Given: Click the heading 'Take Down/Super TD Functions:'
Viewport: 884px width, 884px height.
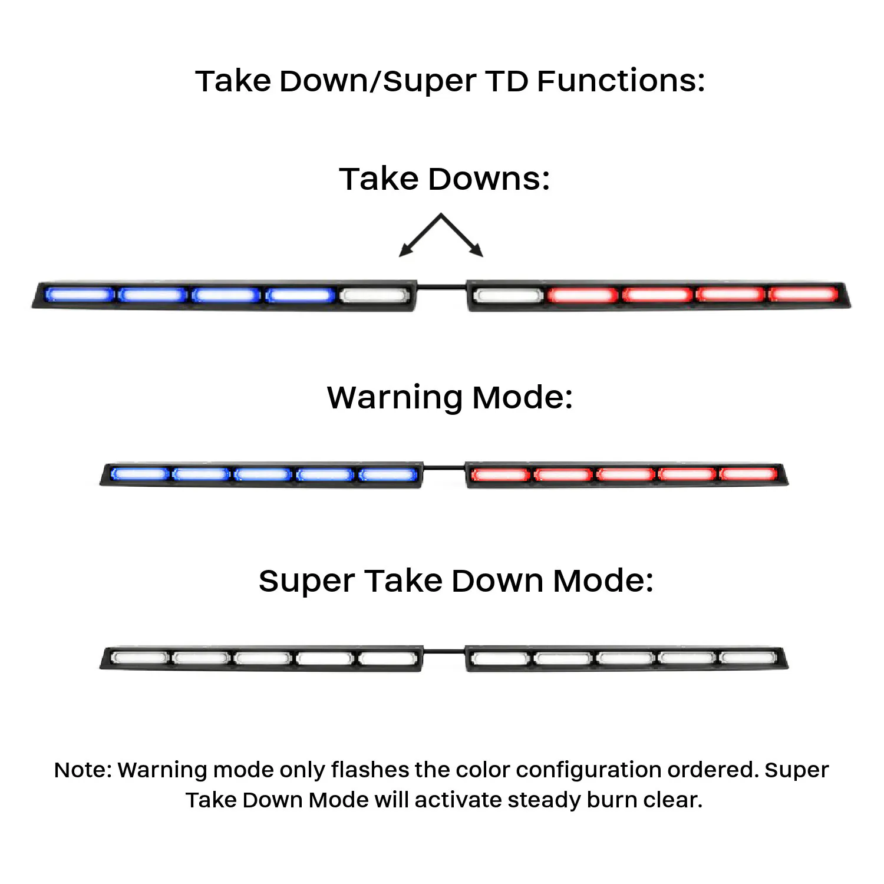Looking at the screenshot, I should pyautogui.click(x=450, y=81).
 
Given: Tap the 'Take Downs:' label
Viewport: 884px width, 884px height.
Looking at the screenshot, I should pyautogui.click(x=444, y=179).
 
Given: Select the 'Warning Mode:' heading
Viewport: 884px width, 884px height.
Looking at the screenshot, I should pyautogui.click(x=450, y=397).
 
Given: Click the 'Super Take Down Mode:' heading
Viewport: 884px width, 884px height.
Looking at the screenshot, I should pyautogui.click(x=456, y=580).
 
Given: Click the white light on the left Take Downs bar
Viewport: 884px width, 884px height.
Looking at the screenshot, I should pyautogui.click(x=374, y=295).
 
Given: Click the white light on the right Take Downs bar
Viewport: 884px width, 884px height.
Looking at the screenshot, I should pyautogui.click(x=508, y=295).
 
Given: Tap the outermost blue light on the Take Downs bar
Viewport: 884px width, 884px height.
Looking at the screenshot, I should pyautogui.click(x=80, y=295).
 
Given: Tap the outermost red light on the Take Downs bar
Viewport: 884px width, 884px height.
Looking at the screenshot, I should pyautogui.click(x=803, y=293).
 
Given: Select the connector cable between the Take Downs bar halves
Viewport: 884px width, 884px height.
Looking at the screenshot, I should pyautogui.click(x=441, y=287).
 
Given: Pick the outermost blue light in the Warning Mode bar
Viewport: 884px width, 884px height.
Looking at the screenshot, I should pyautogui.click(x=140, y=474).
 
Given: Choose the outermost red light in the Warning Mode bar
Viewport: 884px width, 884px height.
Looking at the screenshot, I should pyautogui.click(x=748, y=474).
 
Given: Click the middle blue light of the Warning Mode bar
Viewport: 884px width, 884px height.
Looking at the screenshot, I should pyautogui.click(x=262, y=474).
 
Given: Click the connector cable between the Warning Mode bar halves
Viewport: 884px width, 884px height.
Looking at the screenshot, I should pyautogui.click(x=444, y=468).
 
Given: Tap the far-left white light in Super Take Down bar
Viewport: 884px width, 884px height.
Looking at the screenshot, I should pyautogui.click(x=140, y=657).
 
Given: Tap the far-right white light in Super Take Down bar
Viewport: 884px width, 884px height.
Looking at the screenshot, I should pyautogui.click(x=748, y=657).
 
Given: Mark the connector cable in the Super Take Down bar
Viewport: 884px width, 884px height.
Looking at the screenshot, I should pyautogui.click(x=444, y=651).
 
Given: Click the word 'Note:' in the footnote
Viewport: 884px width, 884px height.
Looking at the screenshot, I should pyautogui.click(x=83, y=770).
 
